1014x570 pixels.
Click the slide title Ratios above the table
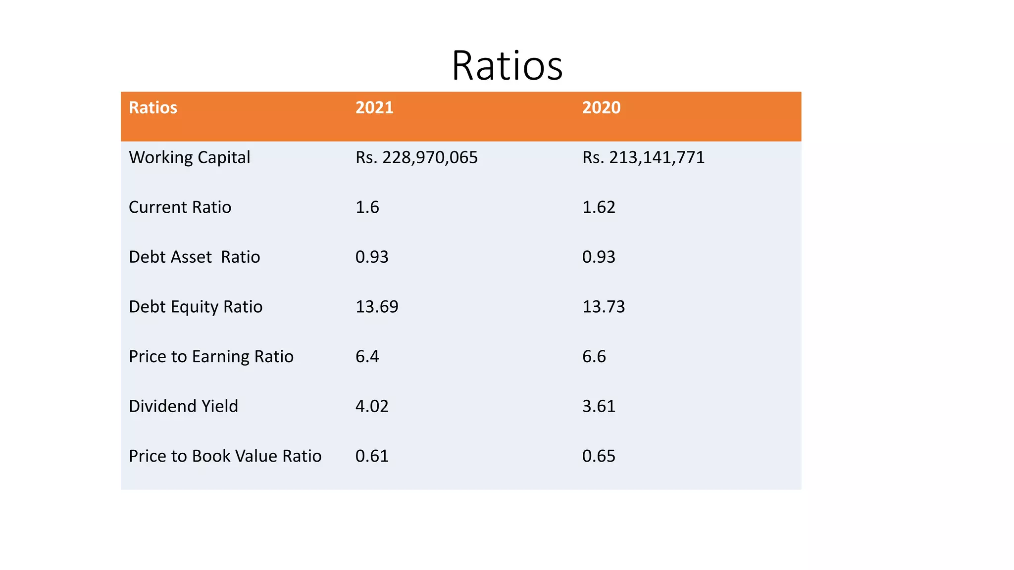507,66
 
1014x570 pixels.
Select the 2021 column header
374,108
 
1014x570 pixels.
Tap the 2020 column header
601,108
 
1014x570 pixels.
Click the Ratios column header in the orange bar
153,108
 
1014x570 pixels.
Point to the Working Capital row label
190,157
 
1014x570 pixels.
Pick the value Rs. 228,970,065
416,157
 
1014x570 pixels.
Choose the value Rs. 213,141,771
643,157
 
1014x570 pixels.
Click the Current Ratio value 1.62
599,207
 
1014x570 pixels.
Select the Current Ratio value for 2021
367,207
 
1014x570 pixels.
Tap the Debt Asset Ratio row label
194,257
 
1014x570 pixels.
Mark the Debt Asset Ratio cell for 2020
599,257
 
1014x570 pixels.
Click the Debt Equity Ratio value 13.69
377,307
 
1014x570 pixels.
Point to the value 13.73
604,307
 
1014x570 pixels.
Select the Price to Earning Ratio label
211,356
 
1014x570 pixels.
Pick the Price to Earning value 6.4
367,356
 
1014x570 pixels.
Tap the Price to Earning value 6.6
594,356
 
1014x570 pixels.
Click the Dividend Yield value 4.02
372,406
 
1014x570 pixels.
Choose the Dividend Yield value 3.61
599,406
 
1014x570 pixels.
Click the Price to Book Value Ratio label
225,456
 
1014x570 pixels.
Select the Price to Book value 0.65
599,456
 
